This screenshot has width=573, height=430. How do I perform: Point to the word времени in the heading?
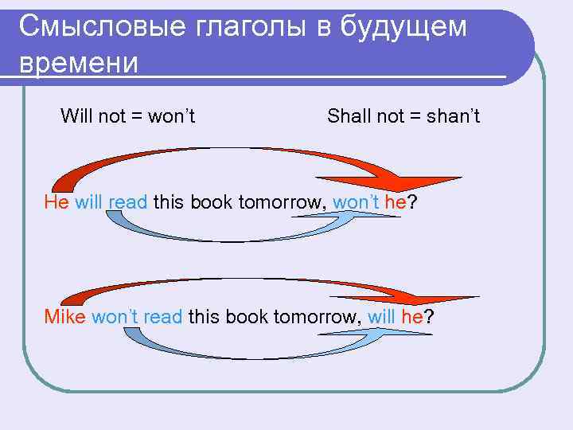[x=78, y=61]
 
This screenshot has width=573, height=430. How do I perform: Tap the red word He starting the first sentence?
[x=57, y=201]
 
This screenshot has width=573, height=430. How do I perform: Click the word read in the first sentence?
[x=127, y=201]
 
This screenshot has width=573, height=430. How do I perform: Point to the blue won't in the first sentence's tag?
[x=356, y=201]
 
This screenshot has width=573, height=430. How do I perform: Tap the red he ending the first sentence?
[x=396, y=201]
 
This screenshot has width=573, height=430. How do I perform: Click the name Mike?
[x=65, y=317]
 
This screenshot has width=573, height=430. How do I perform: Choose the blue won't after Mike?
[x=115, y=317]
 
